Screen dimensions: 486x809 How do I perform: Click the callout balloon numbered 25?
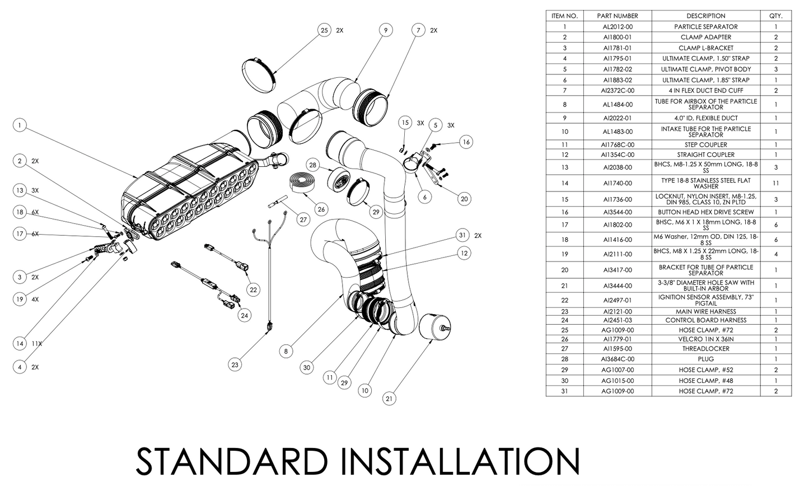coord(324,30)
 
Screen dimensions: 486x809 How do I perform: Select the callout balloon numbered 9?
coord(385,30)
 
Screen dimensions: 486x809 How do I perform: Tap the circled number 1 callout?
coord(20,125)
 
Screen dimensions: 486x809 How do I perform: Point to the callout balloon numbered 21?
coord(390,399)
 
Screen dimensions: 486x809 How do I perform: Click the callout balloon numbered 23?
coord(235,364)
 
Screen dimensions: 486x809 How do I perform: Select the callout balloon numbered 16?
coord(466,142)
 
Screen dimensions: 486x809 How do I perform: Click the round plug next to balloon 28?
coord(339,180)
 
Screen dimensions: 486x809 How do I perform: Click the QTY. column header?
coord(775,16)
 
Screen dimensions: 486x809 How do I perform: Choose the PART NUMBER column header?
coord(618,16)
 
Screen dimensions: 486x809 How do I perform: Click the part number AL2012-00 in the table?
coord(618,26)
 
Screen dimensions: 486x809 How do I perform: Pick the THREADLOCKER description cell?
coord(705,348)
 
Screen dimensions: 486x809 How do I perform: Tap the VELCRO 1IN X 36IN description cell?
coord(705,339)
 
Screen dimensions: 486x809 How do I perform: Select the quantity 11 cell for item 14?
coord(775,183)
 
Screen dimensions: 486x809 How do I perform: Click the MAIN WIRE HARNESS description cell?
coord(705,311)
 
